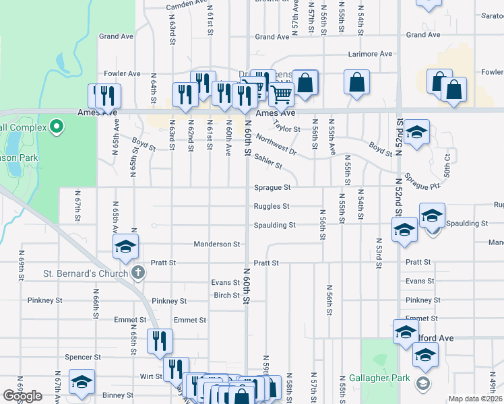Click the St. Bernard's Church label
click(85, 273)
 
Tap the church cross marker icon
click(138, 273)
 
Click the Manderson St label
click(217, 244)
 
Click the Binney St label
click(117, 395)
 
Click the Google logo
click(22, 397)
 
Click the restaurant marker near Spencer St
click(159, 341)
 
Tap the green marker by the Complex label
click(57, 126)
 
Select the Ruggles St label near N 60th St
click(272, 207)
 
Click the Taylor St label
click(288, 129)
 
